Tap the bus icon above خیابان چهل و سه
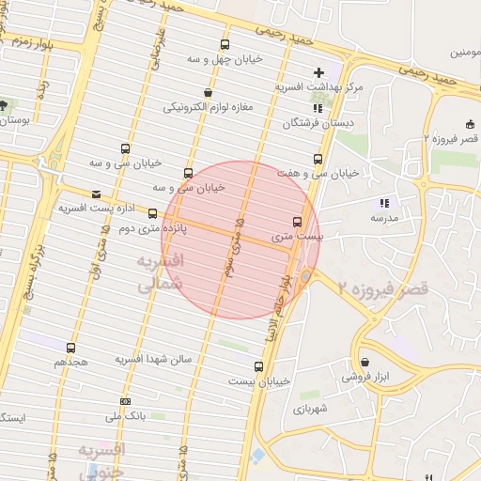225,44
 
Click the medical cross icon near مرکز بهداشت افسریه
319,72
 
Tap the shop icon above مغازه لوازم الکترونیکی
208,93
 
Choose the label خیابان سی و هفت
318,173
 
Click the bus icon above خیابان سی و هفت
318,159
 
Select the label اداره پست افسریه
98,207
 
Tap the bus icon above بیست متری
298,223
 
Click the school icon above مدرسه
383,203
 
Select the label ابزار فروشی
365,377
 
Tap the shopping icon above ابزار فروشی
365,363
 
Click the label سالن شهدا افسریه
153,360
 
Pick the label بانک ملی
125,415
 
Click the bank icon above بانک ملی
125,402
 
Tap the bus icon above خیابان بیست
259,366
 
